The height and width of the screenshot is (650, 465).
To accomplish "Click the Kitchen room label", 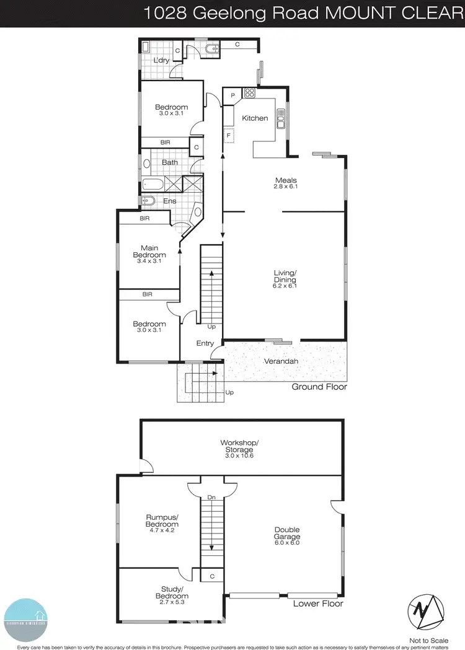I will click(x=255, y=118).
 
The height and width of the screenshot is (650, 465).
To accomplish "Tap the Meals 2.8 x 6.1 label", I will click(x=286, y=183).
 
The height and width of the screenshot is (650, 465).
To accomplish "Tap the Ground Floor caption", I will click(x=319, y=387).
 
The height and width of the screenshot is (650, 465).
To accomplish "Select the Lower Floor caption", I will click(x=318, y=603).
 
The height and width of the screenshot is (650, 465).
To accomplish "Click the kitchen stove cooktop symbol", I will click(x=250, y=94).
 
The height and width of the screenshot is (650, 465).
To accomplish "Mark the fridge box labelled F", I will click(x=229, y=134).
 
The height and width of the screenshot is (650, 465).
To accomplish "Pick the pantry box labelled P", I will click(x=232, y=95).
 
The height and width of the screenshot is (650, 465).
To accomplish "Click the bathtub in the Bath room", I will click(x=152, y=183).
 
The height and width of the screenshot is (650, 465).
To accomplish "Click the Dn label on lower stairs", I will click(x=212, y=498).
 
